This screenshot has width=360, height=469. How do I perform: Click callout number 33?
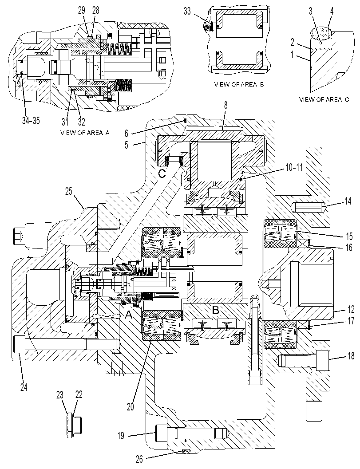(x=187, y=12)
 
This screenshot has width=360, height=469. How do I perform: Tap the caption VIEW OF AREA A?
(x=85, y=133)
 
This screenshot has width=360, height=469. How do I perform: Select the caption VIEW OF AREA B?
(x=239, y=84)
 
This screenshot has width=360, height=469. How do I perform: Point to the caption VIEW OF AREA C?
(x=324, y=99)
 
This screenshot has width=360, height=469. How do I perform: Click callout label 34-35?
(x=31, y=121)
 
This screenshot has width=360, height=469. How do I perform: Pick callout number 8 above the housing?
(x=225, y=105)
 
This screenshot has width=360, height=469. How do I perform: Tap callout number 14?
(x=348, y=201)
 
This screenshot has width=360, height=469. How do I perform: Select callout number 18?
(x=351, y=356)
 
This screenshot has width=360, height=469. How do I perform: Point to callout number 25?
(x=69, y=191)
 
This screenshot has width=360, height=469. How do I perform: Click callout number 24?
(x=24, y=387)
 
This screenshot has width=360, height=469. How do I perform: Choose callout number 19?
(x=121, y=436)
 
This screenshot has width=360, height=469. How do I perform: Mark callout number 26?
(x=140, y=458)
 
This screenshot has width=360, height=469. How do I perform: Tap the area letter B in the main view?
(x=215, y=310)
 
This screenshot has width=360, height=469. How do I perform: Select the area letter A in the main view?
(x=128, y=314)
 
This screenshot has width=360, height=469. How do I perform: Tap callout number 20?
(x=130, y=407)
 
